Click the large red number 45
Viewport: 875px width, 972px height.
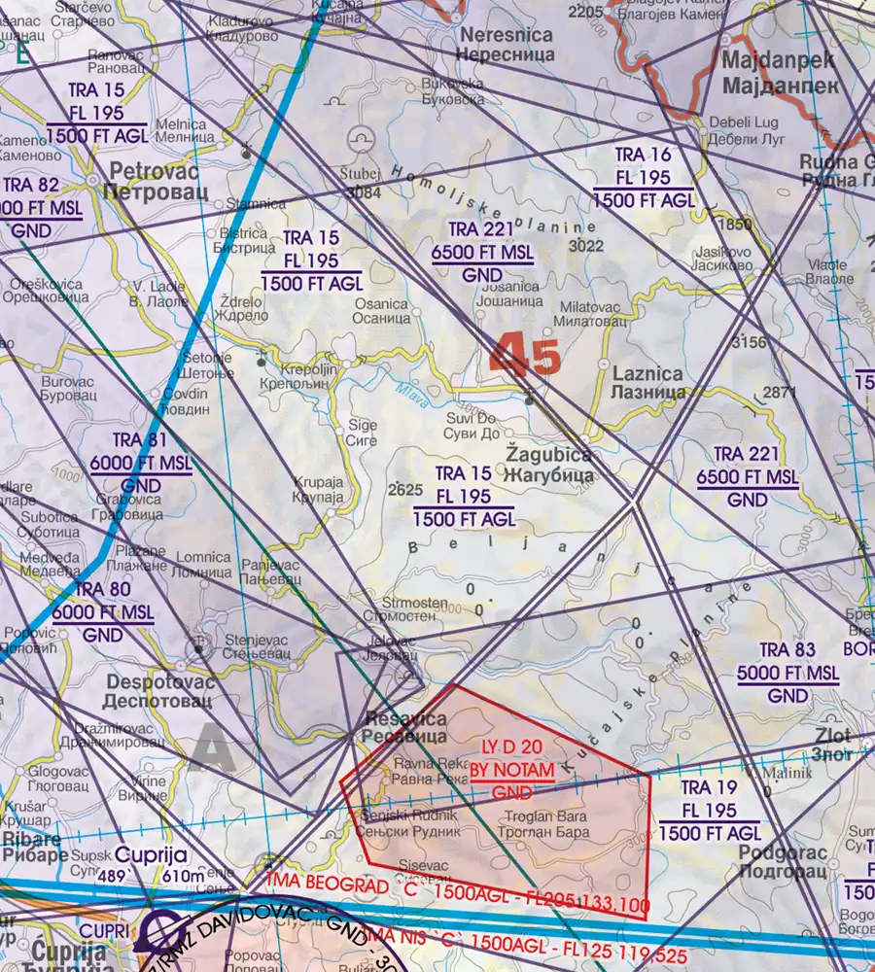point(526,355)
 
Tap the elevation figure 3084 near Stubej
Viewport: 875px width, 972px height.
point(363,192)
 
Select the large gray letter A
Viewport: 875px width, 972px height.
point(213,749)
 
